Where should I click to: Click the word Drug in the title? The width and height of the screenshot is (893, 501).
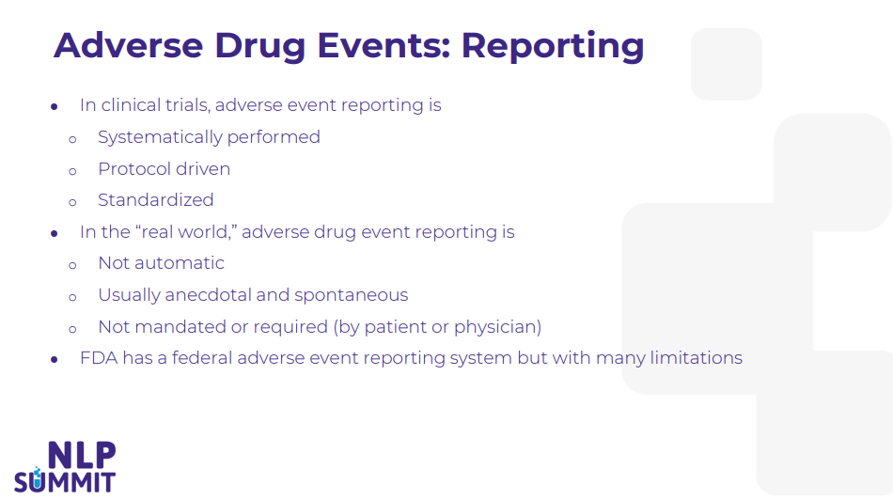pos(259,46)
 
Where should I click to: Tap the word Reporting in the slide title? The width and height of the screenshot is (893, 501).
pos(553,46)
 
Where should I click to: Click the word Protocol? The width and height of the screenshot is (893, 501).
pos(134,169)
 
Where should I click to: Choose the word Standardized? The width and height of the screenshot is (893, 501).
pos(155,200)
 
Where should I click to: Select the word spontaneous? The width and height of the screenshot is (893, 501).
pos(352,295)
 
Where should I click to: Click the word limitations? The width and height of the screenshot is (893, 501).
pos(696,358)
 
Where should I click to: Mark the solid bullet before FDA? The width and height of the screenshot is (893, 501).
pos(55,359)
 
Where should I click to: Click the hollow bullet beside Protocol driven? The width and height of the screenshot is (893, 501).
pos(72,171)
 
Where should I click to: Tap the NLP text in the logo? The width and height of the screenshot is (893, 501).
pos(82,455)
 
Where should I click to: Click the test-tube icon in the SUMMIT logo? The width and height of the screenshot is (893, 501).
pos(37,478)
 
